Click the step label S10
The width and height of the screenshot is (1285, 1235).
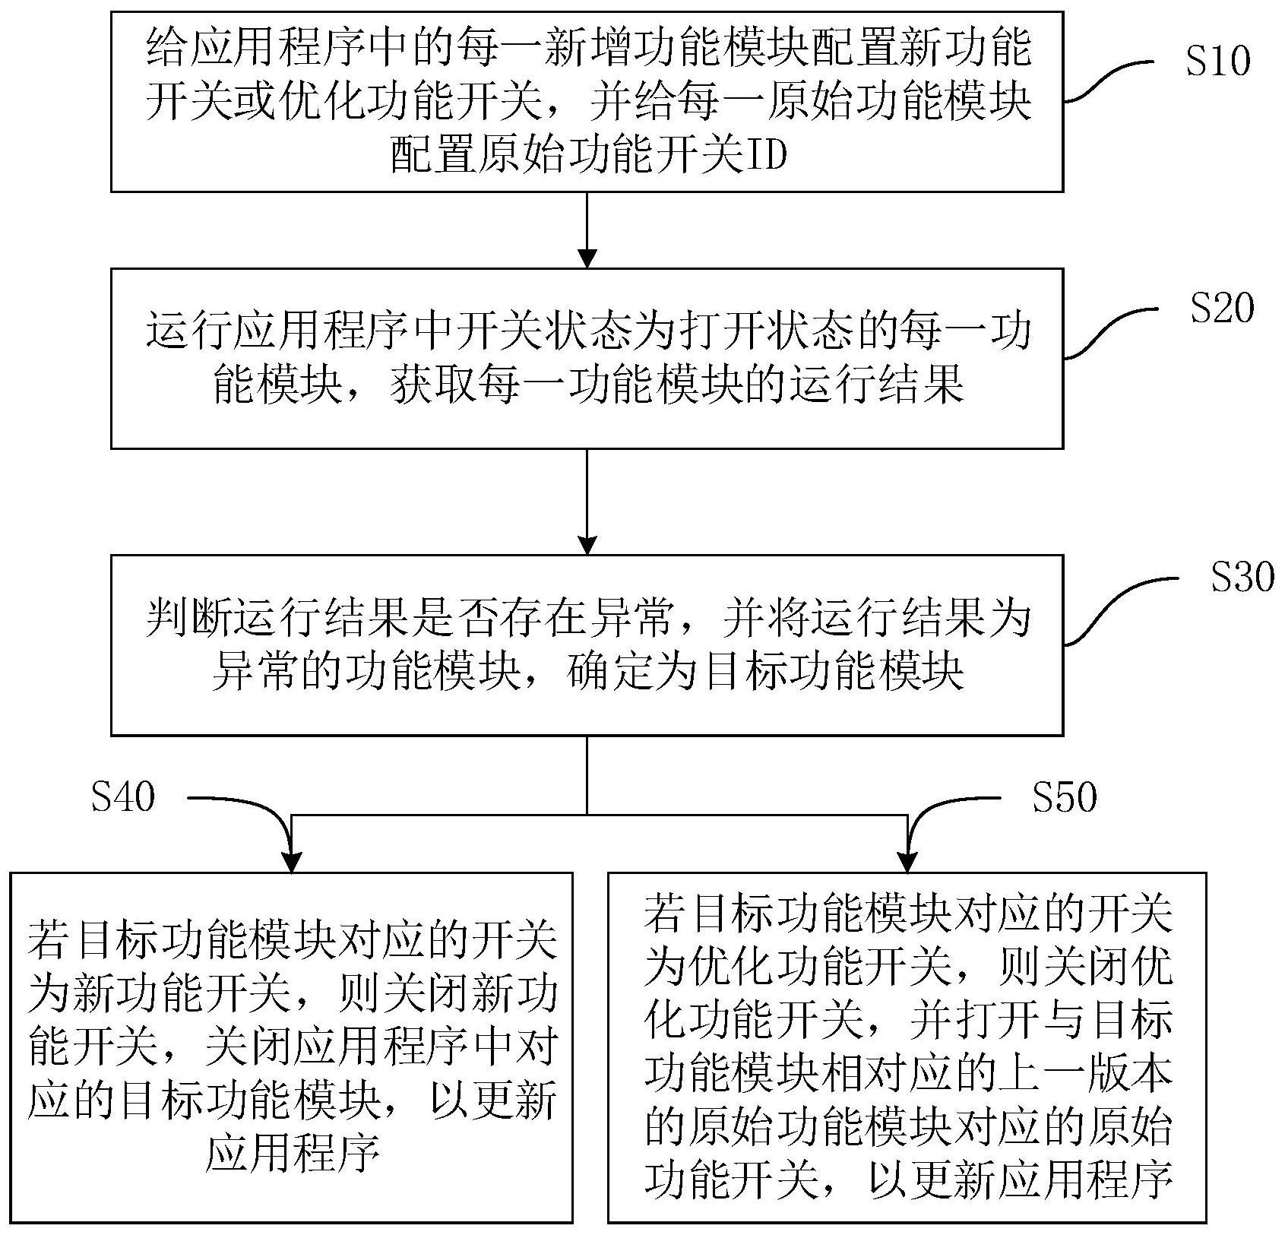click(1217, 62)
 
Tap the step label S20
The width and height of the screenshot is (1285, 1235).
click(1221, 309)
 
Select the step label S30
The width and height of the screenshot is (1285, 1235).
click(1242, 577)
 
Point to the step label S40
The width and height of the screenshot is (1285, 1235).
click(123, 797)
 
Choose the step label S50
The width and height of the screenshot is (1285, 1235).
click(1064, 797)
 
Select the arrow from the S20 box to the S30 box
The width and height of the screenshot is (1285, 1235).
click(587, 502)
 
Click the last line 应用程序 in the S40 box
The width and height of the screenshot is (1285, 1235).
click(292, 1157)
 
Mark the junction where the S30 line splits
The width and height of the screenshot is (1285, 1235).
click(587, 815)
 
